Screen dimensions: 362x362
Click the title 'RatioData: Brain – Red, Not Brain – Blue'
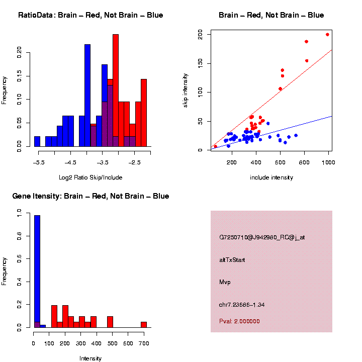(x=90, y=15)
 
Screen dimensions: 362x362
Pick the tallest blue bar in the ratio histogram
(x=87, y=96)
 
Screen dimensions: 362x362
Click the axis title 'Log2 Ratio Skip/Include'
(x=90, y=177)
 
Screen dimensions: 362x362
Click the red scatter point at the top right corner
(x=327, y=35)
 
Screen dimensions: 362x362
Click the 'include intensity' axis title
(x=271, y=177)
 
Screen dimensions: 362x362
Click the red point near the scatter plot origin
(x=216, y=147)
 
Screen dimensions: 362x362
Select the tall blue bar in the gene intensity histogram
(x=37, y=271)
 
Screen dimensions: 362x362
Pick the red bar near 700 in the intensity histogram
(x=144, y=325)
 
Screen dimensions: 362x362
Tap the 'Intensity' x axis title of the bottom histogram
(x=90, y=358)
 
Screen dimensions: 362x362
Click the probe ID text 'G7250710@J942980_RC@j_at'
(x=262, y=237)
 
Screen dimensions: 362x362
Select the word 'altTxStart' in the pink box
(x=232, y=260)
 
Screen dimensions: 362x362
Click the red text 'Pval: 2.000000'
(x=239, y=321)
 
